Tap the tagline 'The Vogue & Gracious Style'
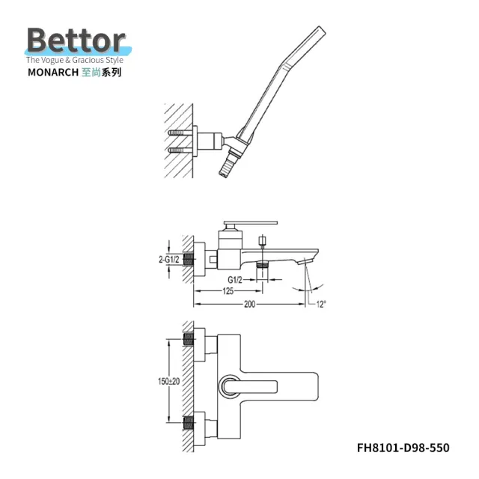click(79, 59)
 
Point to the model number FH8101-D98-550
click(403, 448)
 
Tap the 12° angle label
click(320, 304)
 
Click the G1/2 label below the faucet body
click(237, 278)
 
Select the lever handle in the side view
click(251, 223)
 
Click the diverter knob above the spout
click(263, 241)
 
